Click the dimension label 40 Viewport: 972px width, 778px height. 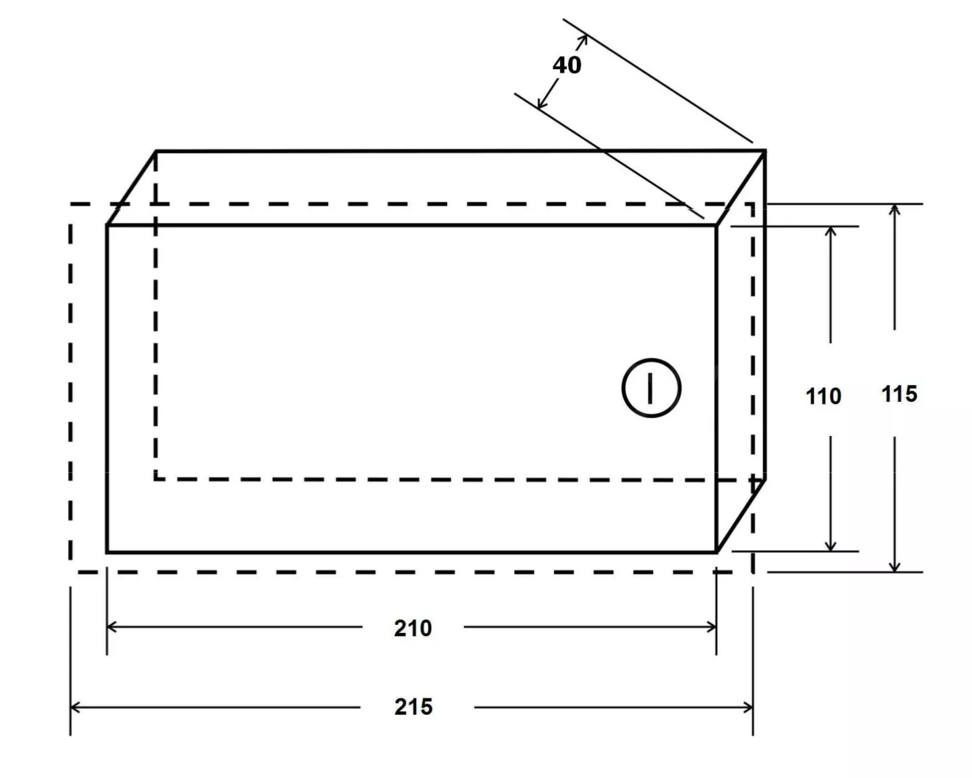point(567,65)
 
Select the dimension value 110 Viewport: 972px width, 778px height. point(823,396)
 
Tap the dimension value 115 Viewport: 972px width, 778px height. point(899,394)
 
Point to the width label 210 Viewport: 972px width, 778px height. point(413,628)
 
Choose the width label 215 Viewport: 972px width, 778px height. point(413,707)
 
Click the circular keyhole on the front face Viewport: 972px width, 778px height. point(651,388)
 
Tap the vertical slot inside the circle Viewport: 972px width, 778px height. point(650,388)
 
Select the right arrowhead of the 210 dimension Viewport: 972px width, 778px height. point(711,627)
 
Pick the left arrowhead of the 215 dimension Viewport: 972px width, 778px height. point(75,707)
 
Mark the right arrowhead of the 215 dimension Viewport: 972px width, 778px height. point(747,707)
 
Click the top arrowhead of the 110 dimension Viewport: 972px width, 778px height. point(830,232)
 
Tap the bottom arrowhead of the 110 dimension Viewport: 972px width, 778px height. point(830,546)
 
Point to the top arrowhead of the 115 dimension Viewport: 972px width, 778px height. point(894,210)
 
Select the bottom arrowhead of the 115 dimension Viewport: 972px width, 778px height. point(894,566)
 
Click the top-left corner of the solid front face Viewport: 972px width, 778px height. point(107,225)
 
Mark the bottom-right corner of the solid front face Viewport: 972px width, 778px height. point(717,552)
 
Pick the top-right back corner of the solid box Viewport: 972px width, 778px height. point(765,150)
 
